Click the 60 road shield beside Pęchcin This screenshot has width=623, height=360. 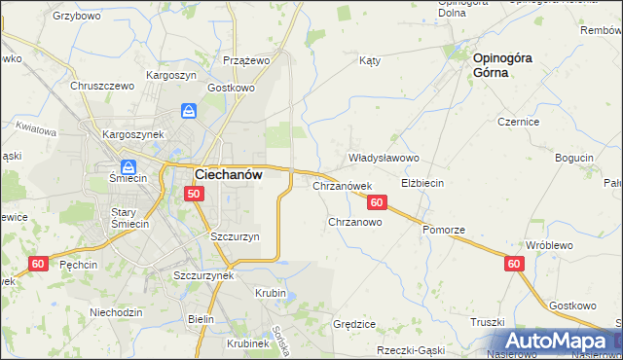coord(38,264)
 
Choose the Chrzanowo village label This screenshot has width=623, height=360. coord(354,222)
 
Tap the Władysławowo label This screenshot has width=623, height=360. coord(384,158)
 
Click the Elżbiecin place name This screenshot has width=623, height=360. coord(422,183)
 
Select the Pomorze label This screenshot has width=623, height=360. coord(444,230)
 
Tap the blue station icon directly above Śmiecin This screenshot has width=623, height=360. coord(128,165)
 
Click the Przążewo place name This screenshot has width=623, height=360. coord(245,59)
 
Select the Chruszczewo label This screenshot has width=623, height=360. coord(101,86)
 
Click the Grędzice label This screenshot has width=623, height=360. coord(354,323)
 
